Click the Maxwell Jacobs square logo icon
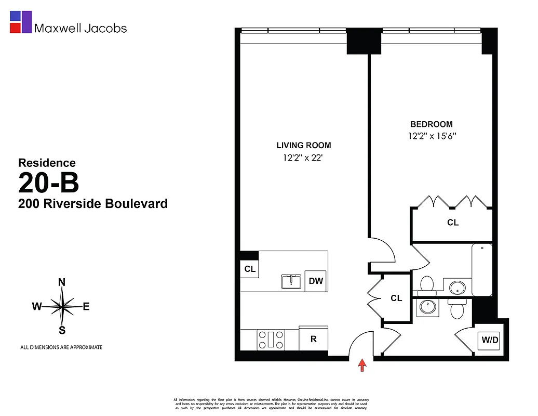click(21, 22)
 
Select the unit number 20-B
click(49, 183)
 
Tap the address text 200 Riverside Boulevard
click(93, 204)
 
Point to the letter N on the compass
click(62, 282)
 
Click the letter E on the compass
click(86, 307)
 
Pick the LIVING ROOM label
click(304, 146)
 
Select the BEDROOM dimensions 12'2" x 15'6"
click(432, 136)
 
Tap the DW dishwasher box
click(316, 281)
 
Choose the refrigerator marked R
click(314, 339)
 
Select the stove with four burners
click(271, 340)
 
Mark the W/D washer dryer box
click(489, 341)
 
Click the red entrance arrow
click(362, 366)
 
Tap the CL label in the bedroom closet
click(453, 223)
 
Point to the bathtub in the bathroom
click(483, 270)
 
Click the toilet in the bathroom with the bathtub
click(426, 284)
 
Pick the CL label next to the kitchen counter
click(250, 269)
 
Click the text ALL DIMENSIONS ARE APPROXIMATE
click(61, 347)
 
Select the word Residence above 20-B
click(47, 163)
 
